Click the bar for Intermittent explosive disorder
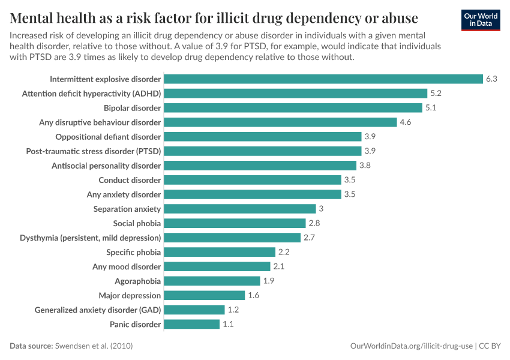[x=323, y=79]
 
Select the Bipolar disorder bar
[x=293, y=108]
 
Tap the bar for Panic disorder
[x=191, y=324]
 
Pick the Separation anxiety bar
[x=239, y=209]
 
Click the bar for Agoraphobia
[x=212, y=281]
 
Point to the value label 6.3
[x=492, y=79]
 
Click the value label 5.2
[x=436, y=94]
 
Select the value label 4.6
[x=406, y=122]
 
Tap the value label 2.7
[x=310, y=238]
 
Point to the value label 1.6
[x=254, y=295]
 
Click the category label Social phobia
[x=137, y=223]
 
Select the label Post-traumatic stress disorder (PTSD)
[x=94, y=151]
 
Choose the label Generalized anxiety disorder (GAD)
[x=98, y=310]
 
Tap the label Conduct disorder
[x=130, y=180]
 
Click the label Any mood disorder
[x=127, y=266]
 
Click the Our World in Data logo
[x=480, y=20]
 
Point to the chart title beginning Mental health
[x=214, y=16]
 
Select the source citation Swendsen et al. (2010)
[x=94, y=346]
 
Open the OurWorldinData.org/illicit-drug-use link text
[x=412, y=346]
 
